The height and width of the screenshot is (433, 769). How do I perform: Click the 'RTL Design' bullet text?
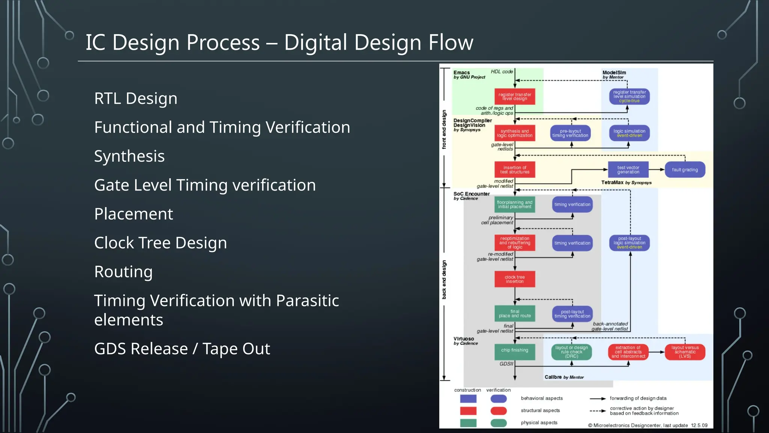coord(136,98)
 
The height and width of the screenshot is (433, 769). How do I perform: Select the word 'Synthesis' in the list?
coord(129,156)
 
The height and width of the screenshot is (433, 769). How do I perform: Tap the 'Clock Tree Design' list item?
coord(160,243)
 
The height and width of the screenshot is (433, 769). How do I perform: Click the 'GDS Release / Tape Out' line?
coord(182,349)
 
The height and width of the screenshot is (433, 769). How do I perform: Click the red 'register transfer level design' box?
coord(514,97)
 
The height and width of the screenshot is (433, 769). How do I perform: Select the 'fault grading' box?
coord(685,170)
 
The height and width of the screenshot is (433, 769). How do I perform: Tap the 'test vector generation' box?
coord(628,170)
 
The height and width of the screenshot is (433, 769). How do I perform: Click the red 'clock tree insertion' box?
coord(514,279)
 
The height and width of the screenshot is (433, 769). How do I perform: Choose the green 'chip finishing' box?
coord(514,350)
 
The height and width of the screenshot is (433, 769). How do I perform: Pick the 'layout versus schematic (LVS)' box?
coord(685,352)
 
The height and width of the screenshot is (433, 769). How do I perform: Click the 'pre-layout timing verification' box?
coord(570,133)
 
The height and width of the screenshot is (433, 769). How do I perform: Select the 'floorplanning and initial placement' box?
coord(514,204)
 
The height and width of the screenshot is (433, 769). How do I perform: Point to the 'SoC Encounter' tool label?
coord(471,194)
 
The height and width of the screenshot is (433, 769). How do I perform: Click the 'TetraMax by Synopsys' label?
coord(626,183)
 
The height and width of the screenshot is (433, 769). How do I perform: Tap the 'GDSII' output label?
coord(506,364)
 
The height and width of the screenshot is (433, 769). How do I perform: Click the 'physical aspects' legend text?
coord(539,423)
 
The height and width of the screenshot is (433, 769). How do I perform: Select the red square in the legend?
coord(468,411)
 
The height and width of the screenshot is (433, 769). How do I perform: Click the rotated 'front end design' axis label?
coord(444,129)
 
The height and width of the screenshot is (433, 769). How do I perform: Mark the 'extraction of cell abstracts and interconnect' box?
coord(628,352)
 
